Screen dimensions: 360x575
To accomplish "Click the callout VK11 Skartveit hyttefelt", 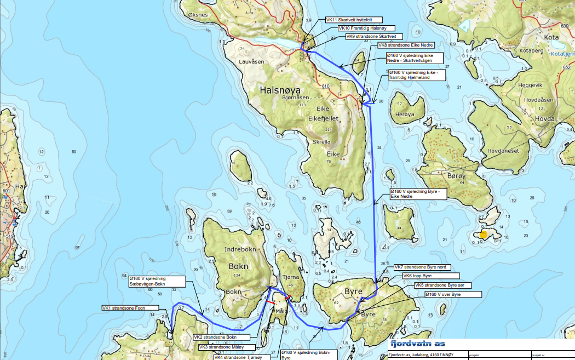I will pyautogui.click(x=350, y=20).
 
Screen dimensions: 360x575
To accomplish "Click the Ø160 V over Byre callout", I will pyautogui.click(x=453, y=295).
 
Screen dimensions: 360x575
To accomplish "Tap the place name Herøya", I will pyautogui.click(x=405, y=114).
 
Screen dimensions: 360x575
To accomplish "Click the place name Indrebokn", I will pyautogui.click(x=240, y=249).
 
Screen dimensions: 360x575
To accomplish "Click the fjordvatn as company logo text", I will pyautogui.click(x=417, y=344).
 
